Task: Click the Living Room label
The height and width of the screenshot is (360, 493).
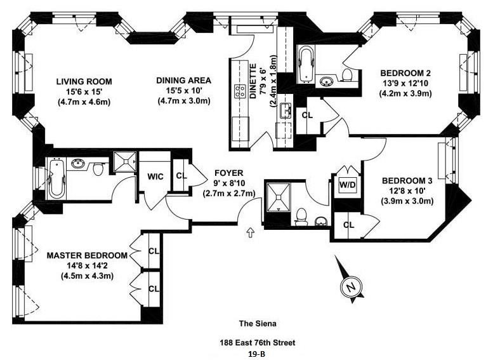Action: point(84,81)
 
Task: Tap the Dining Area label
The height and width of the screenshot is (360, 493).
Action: point(183,80)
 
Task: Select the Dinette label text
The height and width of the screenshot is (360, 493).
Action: point(253,81)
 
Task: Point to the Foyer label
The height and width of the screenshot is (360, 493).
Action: point(229,173)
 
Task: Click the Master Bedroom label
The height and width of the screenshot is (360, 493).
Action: point(87,255)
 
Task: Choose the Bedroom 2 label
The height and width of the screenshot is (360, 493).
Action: point(405,73)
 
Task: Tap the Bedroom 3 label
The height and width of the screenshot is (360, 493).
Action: point(407,180)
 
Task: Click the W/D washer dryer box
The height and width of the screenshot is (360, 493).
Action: point(347,185)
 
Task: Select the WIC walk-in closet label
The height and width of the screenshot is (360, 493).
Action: point(155,177)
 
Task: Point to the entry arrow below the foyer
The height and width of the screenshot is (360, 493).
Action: point(250,232)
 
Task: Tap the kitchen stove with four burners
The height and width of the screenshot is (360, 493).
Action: point(240,91)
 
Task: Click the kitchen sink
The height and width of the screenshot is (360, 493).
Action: point(286,110)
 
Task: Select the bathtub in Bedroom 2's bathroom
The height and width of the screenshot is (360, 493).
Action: point(305,64)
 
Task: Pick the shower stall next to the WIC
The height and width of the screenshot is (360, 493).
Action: point(125,162)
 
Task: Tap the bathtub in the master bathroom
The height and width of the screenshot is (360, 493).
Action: point(56,179)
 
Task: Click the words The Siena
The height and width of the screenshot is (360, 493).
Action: point(258,323)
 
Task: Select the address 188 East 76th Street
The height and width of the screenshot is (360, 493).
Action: point(258,342)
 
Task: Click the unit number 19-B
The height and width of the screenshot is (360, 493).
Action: point(257,354)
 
